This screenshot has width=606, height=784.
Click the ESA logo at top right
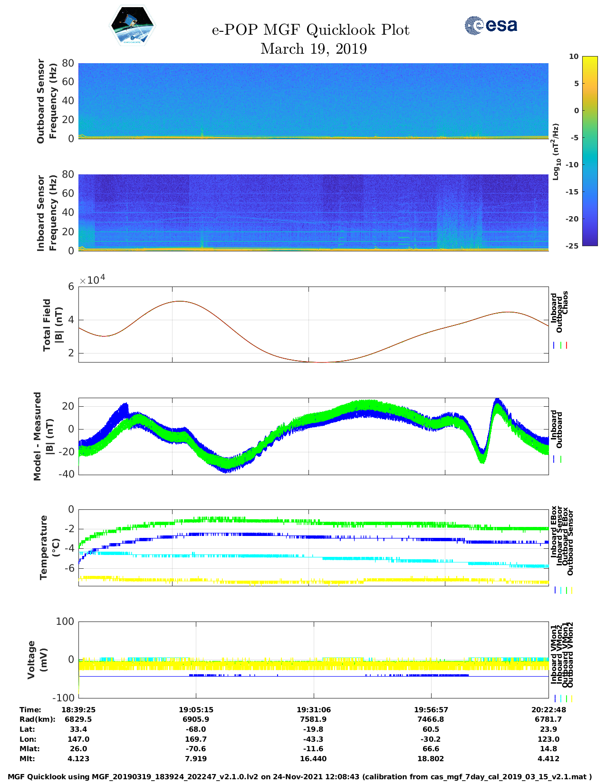click(491, 25)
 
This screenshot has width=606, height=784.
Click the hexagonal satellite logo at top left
click(133, 26)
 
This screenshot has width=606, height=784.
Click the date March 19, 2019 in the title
click(314, 49)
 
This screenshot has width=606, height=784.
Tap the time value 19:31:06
click(314, 709)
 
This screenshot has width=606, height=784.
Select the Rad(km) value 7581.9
click(314, 719)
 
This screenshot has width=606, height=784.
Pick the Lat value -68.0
click(196, 729)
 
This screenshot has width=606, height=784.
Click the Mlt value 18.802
click(431, 759)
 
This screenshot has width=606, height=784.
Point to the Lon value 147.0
click(78, 739)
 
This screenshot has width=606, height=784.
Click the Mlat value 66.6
click(431, 749)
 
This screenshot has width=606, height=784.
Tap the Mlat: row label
click(30, 749)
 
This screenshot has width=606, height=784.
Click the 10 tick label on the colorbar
click(574, 57)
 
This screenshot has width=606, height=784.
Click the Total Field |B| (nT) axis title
click(52, 325)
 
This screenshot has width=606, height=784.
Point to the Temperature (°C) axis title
click(49, 547)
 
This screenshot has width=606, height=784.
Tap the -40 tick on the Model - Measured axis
click(67, 474)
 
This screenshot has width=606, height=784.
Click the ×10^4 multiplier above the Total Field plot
click(92, 280)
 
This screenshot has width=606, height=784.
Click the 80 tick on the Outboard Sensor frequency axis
click(68, 63)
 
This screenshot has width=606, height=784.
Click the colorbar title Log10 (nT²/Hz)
click(556, 152)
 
